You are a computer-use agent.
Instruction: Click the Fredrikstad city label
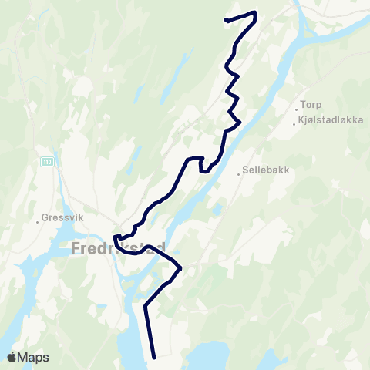click(x=118, y=249)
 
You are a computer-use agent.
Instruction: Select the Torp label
click(x=311, y=104)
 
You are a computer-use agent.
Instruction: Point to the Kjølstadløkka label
click(x=331, y=121)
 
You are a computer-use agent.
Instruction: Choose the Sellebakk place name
click(x=265, y=172)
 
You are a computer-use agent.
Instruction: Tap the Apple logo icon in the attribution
click(x=12, y=357)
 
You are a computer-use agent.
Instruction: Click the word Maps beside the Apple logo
click(x=35, y=357)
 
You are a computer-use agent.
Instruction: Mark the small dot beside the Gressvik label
click(x=38, y=222)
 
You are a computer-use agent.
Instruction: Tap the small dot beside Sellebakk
click(x=239, y=174)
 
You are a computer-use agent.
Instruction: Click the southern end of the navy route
click(x=155, y=357)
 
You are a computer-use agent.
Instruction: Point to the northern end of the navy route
click(x=225, y=20)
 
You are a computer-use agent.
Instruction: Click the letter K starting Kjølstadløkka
click(x=302, y=121)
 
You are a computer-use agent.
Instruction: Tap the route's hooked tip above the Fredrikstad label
click(x=115, y=237)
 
